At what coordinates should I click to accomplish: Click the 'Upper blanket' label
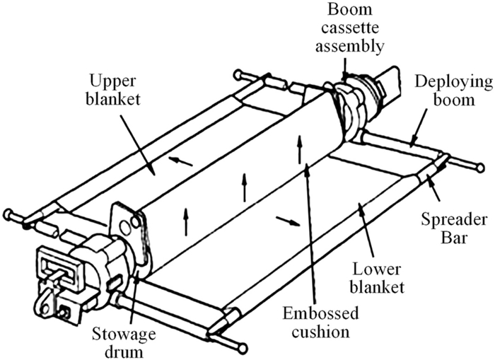113,90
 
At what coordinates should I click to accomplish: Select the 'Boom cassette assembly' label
350,28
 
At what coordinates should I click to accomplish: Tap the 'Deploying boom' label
454,91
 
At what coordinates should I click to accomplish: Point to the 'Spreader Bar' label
454,228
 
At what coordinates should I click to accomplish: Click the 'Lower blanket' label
377,279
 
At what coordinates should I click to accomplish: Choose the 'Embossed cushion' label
320,323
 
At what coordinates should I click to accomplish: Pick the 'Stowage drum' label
124,343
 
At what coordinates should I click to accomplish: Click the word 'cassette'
350,28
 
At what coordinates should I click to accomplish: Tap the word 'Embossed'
320,314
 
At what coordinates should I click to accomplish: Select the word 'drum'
124,352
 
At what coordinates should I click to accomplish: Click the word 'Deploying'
454,83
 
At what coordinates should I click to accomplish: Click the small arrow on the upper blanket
180,161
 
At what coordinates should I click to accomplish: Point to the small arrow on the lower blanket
288,221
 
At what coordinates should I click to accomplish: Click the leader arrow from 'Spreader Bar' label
433,188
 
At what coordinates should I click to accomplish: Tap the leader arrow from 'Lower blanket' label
366,231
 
